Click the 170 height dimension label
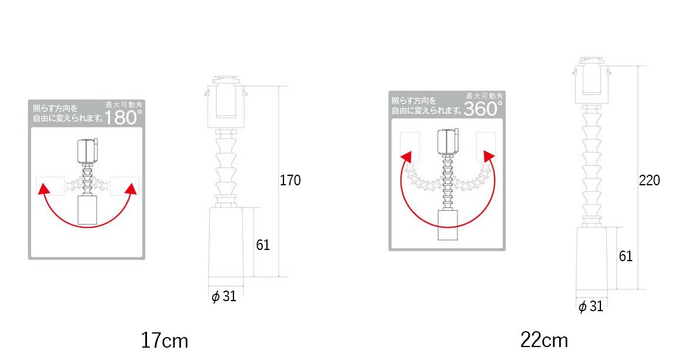tap(290, 180)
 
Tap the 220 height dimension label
tap(649, 180)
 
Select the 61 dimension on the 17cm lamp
tap(263, 245)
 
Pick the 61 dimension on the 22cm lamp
tap(626, 256)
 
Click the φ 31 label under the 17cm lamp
tap(224, 296)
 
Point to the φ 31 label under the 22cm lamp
tap(591, 306)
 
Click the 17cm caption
tap(164, 340)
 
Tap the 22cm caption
tap(544, 340)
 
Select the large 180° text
tap(123, 117)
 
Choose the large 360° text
tap(483, 108)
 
